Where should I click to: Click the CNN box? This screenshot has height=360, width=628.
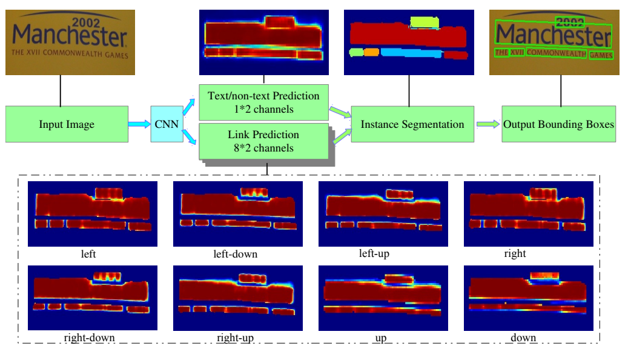coord(167,124)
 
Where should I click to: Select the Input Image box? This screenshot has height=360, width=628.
coord(67,125)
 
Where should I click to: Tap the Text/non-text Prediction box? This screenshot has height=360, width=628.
coord(263,102)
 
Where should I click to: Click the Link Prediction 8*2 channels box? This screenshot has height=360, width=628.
coord(263,141)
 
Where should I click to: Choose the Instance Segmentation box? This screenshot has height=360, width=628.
coord(412,124)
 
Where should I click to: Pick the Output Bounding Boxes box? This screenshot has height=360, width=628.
coord(558,124)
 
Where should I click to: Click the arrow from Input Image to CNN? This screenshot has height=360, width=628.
coord(139,124)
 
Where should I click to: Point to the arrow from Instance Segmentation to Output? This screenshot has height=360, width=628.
coord(488,124)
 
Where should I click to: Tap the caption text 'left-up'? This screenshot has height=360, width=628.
coord(374,253)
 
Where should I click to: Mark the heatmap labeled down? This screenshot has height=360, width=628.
coord(528,298)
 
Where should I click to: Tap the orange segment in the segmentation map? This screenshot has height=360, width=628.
coord(371,53)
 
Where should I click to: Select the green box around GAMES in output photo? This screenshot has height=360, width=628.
coord(601,55)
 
